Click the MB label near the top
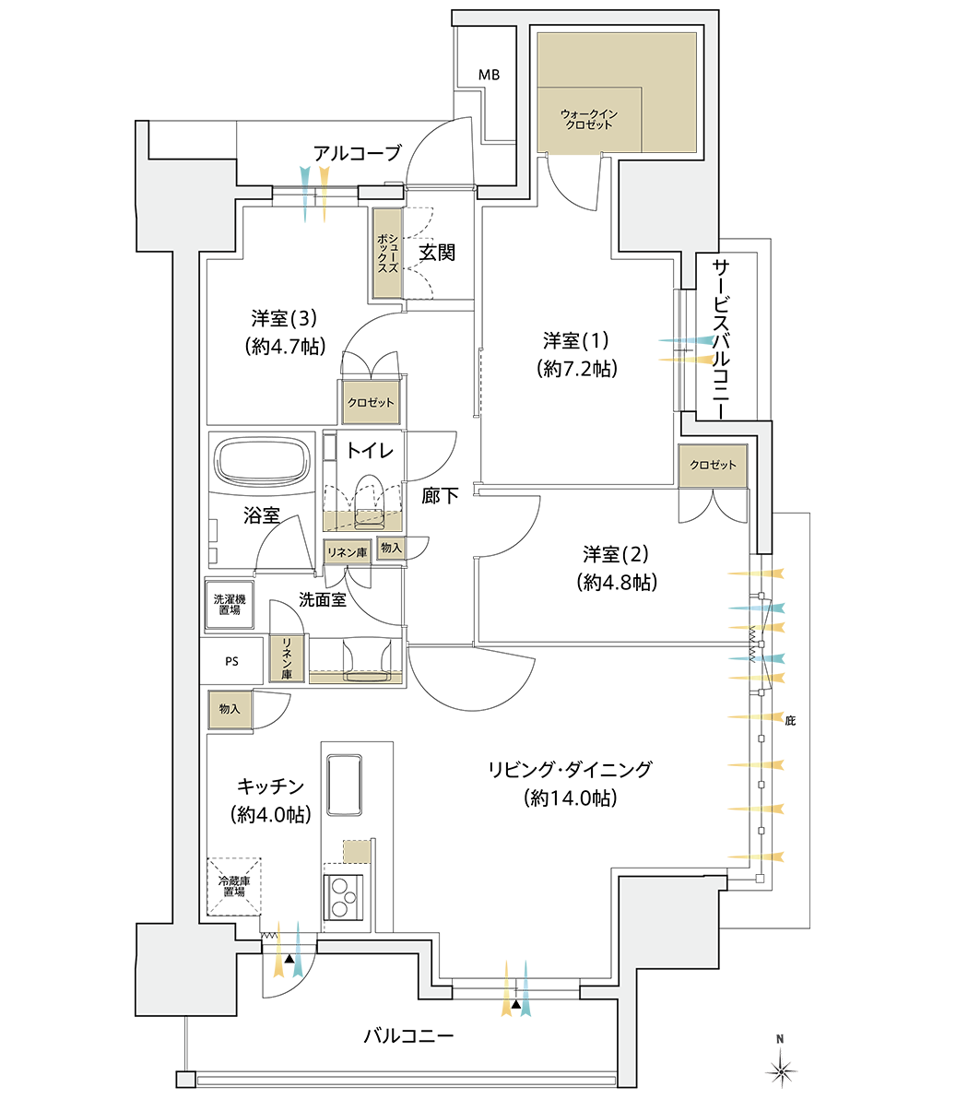[x=489, y=75]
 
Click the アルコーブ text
[x=357, y=153]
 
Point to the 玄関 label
[x=437, y=253]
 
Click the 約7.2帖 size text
[x=576, y=369]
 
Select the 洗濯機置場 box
[x=230, y=605]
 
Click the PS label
[x=231, y=661]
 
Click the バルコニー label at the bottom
[x=408, y=1036]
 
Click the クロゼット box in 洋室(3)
[x=371, y=403]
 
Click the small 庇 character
[x=789, y=721]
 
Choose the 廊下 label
[x=440, y=496]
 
